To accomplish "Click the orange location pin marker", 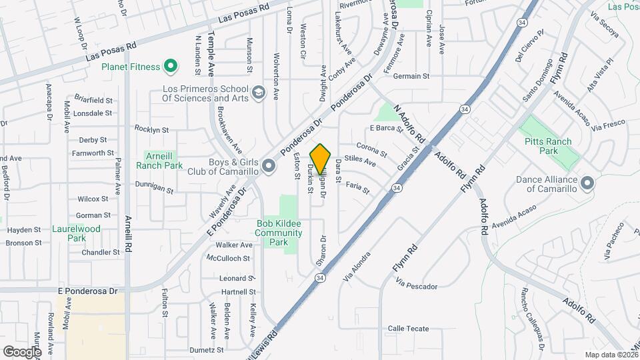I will pos(321,159).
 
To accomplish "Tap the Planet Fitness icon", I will pos(171,67).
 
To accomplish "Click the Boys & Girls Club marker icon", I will pos(268,165).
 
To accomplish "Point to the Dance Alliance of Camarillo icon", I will pos(587,183).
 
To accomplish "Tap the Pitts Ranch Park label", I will pos(550,147).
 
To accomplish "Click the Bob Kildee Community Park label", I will pos(278,233).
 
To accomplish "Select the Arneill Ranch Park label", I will pos(159,160).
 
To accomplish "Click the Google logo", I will pos(22,351).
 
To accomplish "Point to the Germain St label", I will pos(411,76).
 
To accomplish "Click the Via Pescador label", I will pos(416,286).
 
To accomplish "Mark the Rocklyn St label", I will pos(151,129).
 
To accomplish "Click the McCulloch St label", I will pos(229,258).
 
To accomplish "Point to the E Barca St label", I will pos(387,128).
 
